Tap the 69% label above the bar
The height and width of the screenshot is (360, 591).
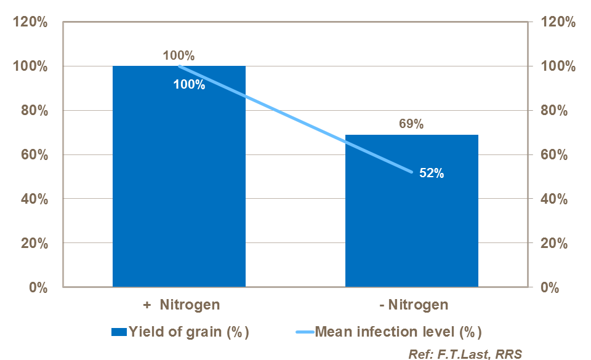(x=411, y=124)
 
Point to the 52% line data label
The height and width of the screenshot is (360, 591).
(x=432, y=173)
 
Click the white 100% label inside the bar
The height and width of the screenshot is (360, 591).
(x=189, y=85)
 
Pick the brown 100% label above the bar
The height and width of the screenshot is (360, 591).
(x=179, y=56)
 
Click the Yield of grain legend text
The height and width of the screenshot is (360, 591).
(x=188, y=332)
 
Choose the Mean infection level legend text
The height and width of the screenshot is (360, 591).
(x=398, y=332)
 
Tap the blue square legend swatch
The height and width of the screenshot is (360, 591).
(x=119, y=332)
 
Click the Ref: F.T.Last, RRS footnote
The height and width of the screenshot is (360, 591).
(x=465, y=353)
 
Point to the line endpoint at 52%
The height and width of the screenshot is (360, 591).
(x=411, y=172)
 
